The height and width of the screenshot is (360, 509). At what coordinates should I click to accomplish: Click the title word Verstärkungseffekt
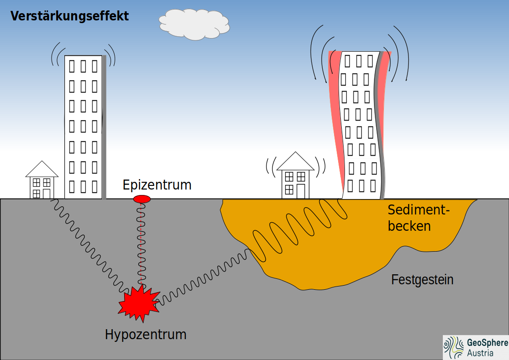click(69, 16)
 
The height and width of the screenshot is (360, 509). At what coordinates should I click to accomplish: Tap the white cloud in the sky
click(194, 25)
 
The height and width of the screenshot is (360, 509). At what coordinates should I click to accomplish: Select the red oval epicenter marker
click(142, 199)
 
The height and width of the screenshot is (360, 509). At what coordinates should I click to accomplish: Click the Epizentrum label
click(157, 185)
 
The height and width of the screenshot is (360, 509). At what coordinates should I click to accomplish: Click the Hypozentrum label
click(145, 335)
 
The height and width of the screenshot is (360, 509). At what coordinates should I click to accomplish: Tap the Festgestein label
click(422, 280)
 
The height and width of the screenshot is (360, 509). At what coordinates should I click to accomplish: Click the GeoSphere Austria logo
click(475, 348)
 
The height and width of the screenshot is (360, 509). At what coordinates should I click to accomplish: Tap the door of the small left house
click(46, 194)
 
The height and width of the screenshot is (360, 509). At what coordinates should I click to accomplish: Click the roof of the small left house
click(42, 170)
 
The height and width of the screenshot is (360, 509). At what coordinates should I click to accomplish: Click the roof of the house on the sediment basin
click(296, 162)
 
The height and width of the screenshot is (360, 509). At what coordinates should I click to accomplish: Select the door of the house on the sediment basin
click(301, 191)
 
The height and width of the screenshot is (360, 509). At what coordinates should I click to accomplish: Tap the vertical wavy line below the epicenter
click(141, 245)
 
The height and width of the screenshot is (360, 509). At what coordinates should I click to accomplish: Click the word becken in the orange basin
click(409, 226)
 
